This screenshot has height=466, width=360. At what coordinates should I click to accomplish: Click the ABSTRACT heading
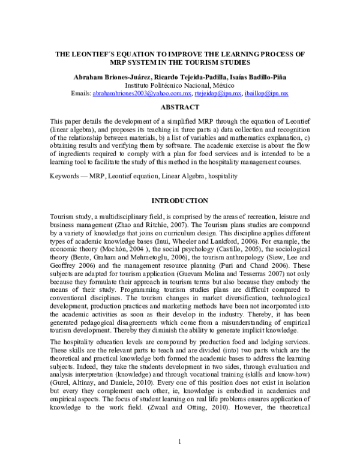click(x=179, y=107)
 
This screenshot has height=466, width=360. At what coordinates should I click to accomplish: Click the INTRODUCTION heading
click(x=179, y=200)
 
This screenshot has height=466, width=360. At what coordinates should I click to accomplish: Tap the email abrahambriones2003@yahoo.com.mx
click(x=142, y=94)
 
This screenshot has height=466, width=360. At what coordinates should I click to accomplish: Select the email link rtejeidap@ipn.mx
click(x=218, y=94)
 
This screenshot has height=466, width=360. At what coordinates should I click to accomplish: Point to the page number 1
click(x=180, y=442)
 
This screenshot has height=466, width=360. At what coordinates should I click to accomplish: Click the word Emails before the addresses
click(x=81, y=94)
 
